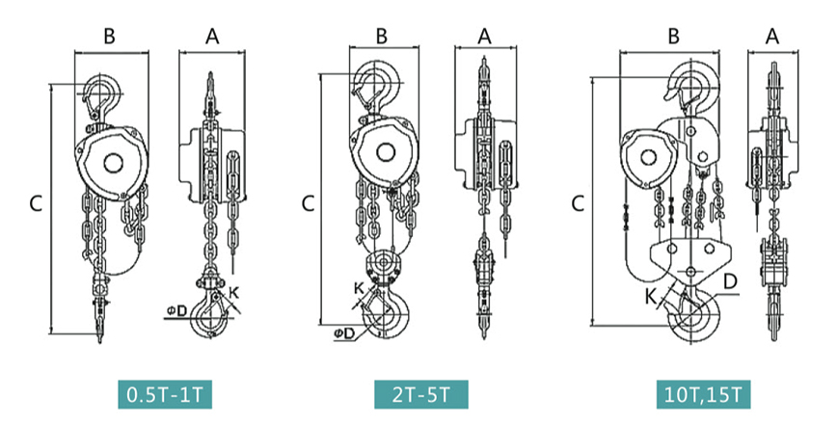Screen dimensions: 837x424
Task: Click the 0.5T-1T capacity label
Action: pyautogui.click(x=165, y=395)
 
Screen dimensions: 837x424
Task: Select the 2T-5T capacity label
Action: pyautogui.click(x=421, y=395)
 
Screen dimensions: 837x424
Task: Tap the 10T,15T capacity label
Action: pyautogui.click(x=704, y=395)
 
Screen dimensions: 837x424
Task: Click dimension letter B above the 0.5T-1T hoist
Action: pyautogui.click(x=109, y=37)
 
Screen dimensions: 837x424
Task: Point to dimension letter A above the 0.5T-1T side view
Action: pyautogui.click(x=212, y=37)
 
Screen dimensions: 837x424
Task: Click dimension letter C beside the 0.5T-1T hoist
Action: pyautogui.click(x=36, y=203)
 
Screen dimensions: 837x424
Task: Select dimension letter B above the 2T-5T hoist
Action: pyautogui.click(x=382, y=37)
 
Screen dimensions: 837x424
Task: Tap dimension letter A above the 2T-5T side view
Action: pyautogui.click(x=484, y=37)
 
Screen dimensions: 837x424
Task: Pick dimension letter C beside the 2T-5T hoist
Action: pyautogui.click(x=308, y=203)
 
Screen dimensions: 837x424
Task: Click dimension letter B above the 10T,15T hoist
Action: pyautogui.click(x=674, y=37)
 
